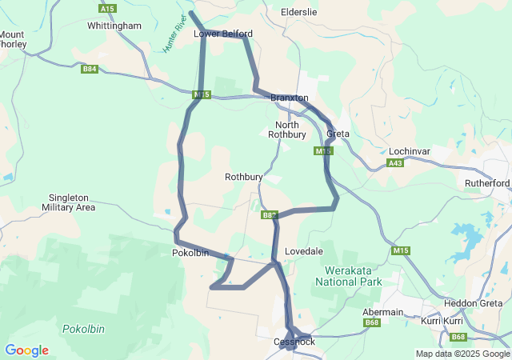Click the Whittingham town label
coord(114,26)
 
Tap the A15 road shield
coord(108,8)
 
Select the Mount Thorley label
coord(12,39)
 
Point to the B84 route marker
coord(90,70)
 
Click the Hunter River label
coord(174,34)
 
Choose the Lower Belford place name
coord(223,34)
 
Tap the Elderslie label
coord(300,13)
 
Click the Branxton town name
coord(290,98)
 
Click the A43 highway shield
coord(394,162)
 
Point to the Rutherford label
coord(487,183)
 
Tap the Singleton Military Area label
coord(72,202)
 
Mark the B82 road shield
coord(269,215)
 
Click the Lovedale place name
coord(304,251)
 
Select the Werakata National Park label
coord(349,276)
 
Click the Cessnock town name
coord(294,342)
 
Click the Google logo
coord(26,350)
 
